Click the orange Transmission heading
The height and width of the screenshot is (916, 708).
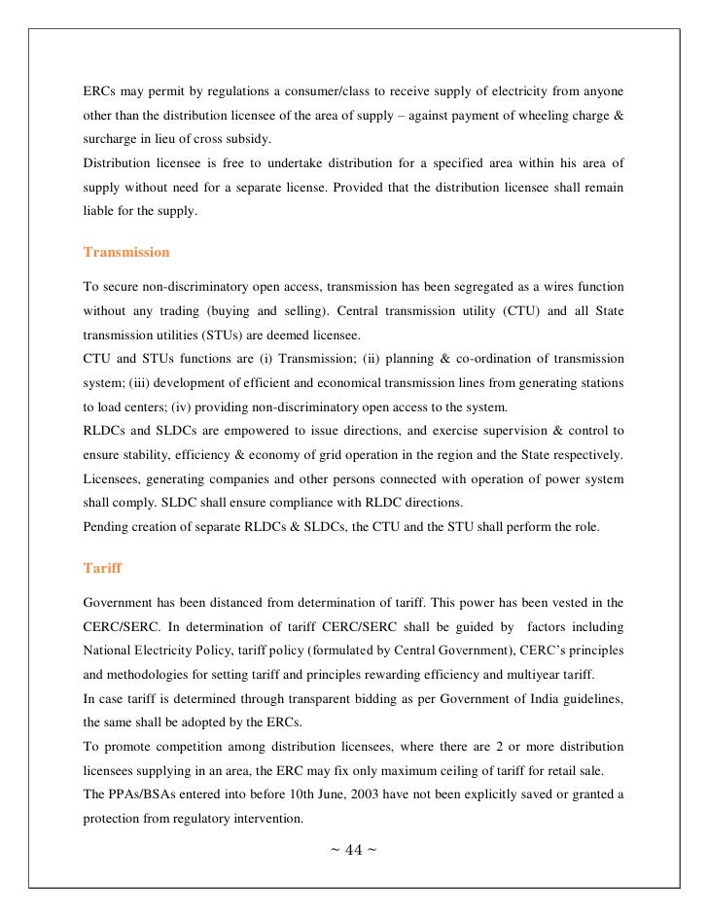click(x=126, y=252)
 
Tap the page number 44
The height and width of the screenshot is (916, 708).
click(x=353, y=851)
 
